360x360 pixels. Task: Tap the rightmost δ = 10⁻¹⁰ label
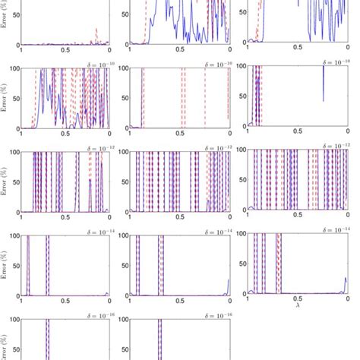point(334,59)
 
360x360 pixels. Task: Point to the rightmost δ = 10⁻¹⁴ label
point(334,227)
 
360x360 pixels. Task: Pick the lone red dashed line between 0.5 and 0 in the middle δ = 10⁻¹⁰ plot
point(205,99)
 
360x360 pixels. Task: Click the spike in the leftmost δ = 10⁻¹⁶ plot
point(48,338)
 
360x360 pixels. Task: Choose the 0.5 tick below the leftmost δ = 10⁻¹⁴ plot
point(65,299)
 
